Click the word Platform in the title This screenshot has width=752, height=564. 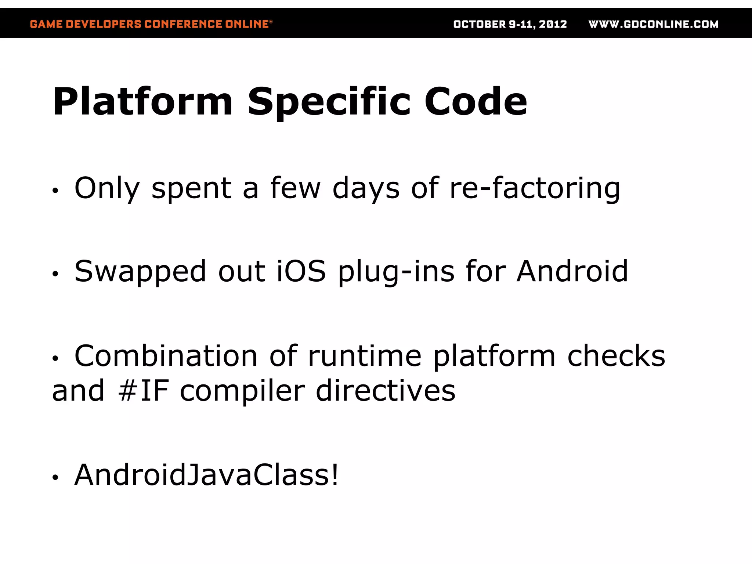pos(143,101)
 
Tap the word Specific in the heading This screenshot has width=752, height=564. pos(329,101)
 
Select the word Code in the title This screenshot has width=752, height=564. pos(476,101)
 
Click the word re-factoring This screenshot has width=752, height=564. pos(535,188)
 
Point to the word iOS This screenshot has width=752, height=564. pos(301,271)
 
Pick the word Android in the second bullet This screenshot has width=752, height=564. pos(572,271)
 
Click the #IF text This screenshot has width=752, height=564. pos(144,390)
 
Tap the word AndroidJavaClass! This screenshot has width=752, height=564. pos(206,475)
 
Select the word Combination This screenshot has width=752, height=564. pos(166,356)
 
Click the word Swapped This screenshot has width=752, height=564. pos(140,271)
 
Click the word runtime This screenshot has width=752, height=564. pos(365,356)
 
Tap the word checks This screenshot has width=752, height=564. pos(616,356)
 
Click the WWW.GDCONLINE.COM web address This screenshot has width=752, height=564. pos(654,24)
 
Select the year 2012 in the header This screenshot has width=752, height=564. pos(553,24)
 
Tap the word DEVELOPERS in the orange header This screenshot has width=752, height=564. pos(104,24)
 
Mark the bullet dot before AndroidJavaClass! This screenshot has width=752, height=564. pos(55,477)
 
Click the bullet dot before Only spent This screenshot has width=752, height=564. pos(55,191)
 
